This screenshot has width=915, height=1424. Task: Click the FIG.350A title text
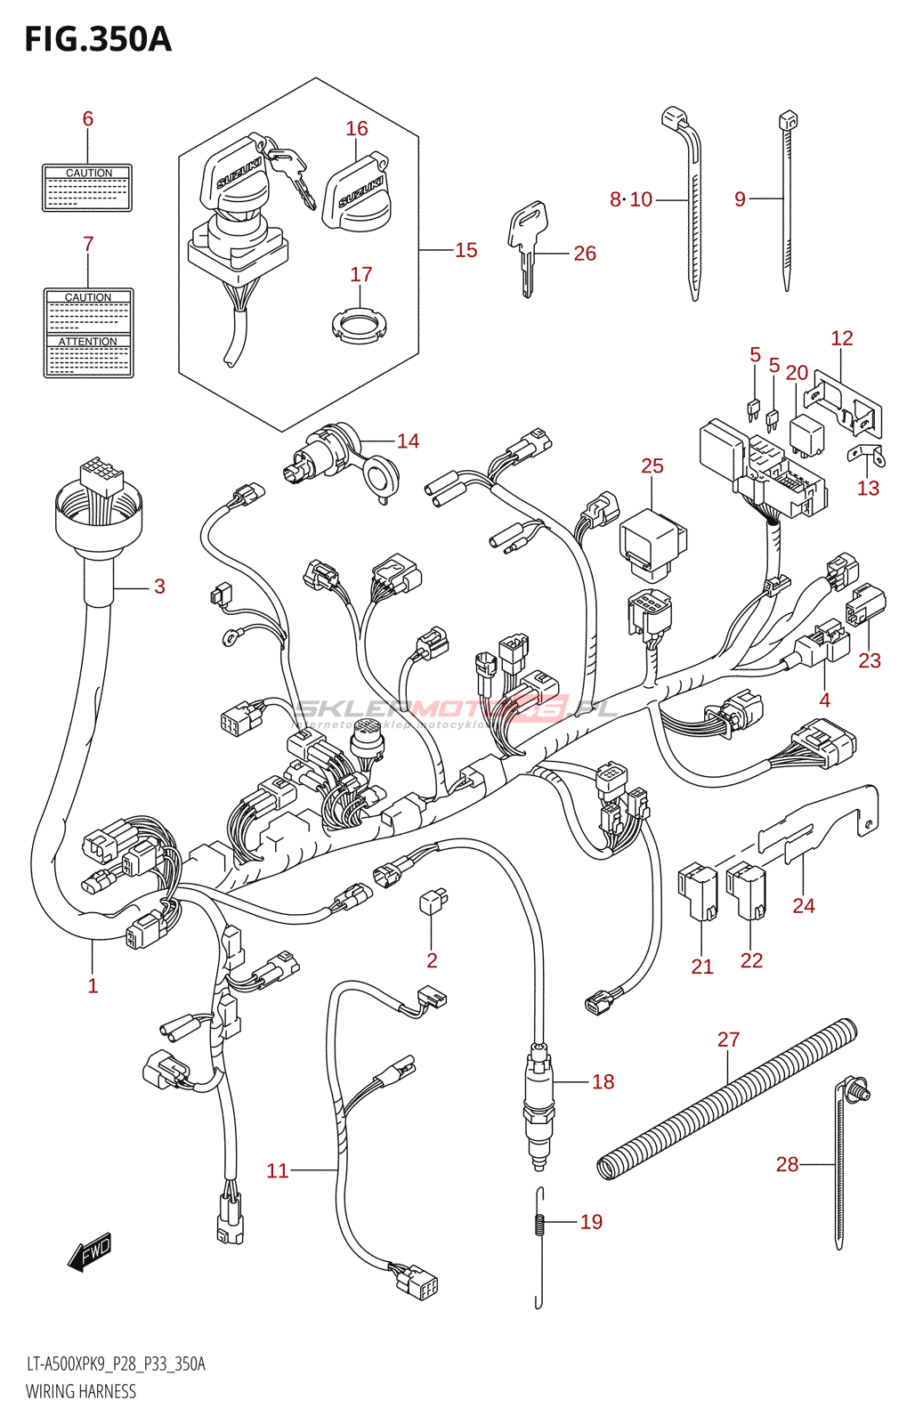point(98,39)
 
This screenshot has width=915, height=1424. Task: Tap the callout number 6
point(87,118)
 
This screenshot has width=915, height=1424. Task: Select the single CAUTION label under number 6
point(87,188)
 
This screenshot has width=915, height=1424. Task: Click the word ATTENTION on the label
point(88,342)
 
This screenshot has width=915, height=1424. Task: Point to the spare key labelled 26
point(527,245)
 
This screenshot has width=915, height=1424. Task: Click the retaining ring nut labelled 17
point(360,324)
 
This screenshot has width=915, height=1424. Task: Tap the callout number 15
point(466,250)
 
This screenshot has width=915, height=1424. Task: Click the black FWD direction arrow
point(90,1251)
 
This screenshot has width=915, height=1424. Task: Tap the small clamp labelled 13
point(866,456)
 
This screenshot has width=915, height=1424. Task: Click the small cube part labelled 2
point(433,902)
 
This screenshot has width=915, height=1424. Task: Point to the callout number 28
point(787,1164)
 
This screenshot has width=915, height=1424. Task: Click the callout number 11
point(278,1170)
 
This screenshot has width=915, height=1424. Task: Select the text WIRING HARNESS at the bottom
point(81,1392)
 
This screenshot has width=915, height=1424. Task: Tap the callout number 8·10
point(631,199)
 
